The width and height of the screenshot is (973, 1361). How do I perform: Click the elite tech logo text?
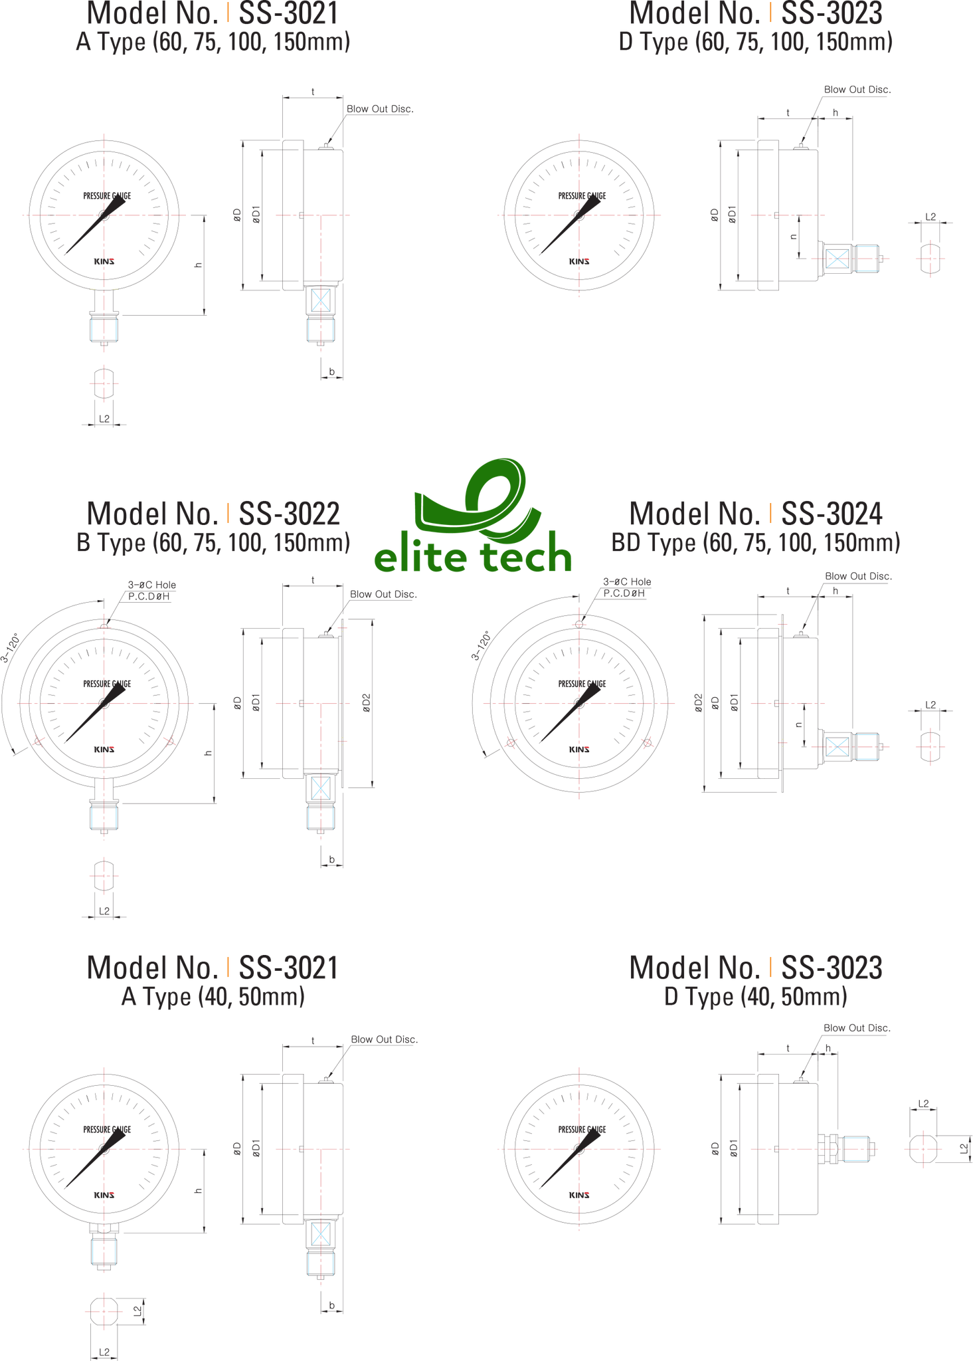473,557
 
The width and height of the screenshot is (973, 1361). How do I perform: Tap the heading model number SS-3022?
290,514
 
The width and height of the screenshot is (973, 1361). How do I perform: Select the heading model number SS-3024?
832,514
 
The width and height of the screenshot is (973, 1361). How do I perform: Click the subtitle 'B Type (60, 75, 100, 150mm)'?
213,543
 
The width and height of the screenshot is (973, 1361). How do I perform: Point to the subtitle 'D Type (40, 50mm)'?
756,997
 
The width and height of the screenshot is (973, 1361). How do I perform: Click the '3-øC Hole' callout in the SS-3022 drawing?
152,585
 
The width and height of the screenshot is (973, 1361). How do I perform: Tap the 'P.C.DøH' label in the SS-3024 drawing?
624,593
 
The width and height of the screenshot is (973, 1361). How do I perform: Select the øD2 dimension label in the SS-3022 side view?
367,703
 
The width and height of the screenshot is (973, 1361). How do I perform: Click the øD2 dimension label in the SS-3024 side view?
698,703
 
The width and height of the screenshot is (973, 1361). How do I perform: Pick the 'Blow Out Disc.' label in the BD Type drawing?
858,576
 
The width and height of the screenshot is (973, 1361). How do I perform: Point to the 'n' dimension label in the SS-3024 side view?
799,725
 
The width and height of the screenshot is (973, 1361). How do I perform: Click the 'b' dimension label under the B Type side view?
332,859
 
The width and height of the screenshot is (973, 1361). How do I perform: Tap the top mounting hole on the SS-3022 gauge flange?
104,625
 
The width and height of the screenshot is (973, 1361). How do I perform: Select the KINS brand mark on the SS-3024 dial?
579,749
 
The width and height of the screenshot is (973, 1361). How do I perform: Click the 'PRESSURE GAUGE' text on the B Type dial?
107,684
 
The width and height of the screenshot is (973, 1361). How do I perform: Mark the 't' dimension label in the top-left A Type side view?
313,92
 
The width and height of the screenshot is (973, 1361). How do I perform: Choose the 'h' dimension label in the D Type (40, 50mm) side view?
828,1048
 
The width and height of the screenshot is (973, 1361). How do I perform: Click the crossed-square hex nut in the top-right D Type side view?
837,259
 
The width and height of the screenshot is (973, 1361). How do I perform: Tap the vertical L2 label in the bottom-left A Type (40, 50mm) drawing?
137,1311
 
